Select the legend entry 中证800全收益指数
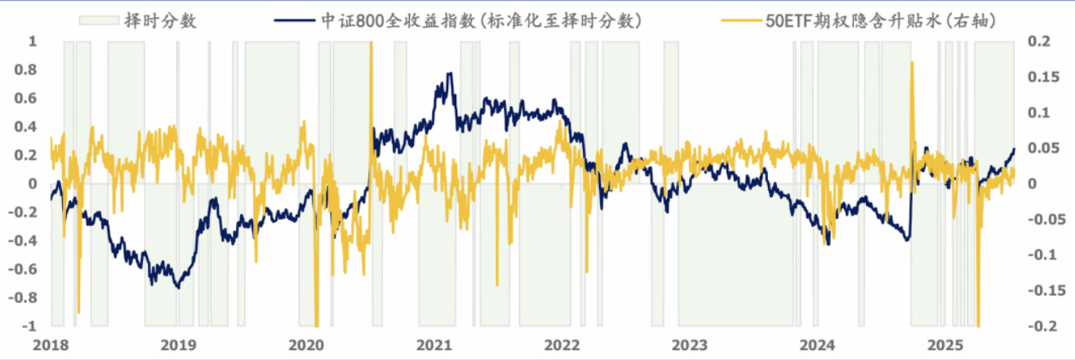(482, 20)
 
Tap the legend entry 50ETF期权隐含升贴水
(865, 20)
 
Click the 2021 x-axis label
(433, 344)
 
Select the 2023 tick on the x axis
(689, 344)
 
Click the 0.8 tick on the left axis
(29, 69)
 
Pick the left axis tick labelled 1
(33, 41)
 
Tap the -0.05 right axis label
(1041, 219)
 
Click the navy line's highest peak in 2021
(450, 73)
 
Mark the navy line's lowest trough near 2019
(177, 287)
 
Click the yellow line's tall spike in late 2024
(911, 63)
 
